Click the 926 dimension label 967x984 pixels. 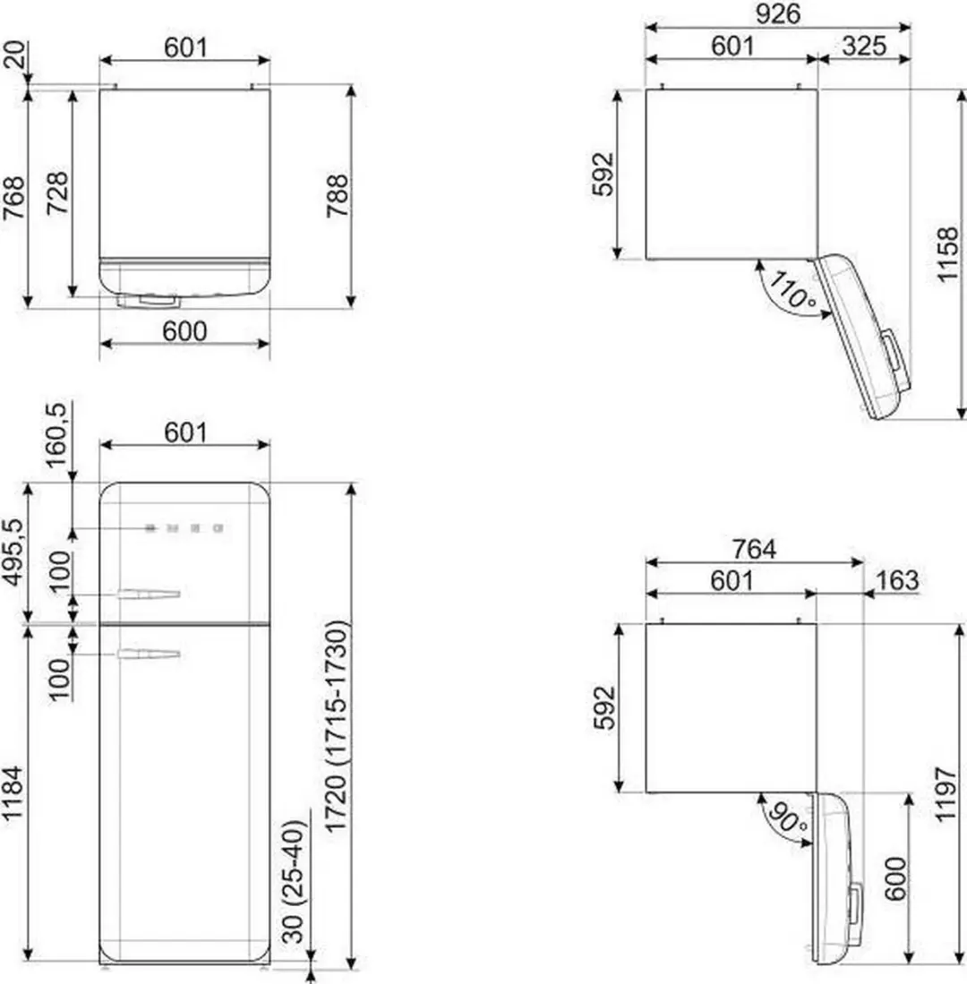pyautogui.click(x=777, y=13)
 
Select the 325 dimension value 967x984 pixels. pyautogui.click(x=864, y=46)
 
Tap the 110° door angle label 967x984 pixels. pyautogui.click(x=792, y=289)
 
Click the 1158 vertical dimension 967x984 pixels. pyautogui.click(x=947, y=254)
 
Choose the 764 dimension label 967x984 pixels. pyautogui.click(x=754, y=549)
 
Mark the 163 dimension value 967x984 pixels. pyautogui.click(x=897, y=580)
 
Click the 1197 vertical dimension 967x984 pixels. pyautogui.click(x=946, y=793)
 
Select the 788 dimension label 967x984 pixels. pyautogui.click(x=337, y=196)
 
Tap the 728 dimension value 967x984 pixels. pyautogui.click(x=57, y=193)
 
